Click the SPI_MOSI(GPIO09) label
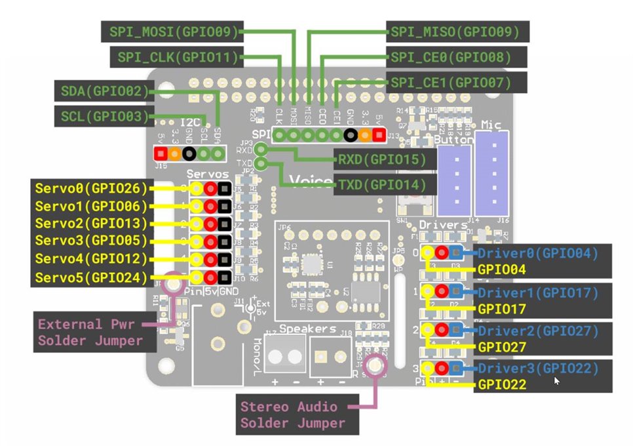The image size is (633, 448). tap(172, 30)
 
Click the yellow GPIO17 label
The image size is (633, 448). tap(502, 308)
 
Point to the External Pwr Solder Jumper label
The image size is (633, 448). tap(90, 332)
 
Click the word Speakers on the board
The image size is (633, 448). tap(308, 329)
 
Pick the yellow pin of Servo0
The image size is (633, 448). tap(197, 189)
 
